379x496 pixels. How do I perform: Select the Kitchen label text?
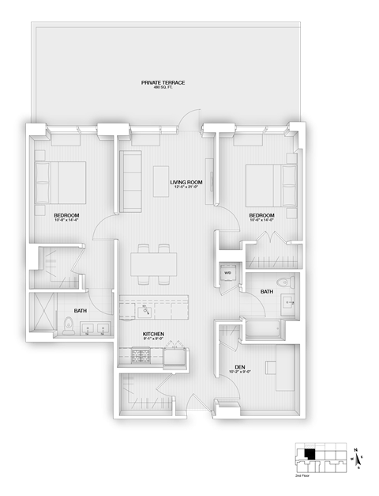pyautogui.click(x=153, y=334)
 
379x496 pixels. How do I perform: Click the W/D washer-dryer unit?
pyautogui.click(x=228, y=273)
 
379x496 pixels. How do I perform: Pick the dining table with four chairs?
pyautogui.click(x=152, y=264)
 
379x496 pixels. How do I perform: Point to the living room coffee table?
pyautogui.click(x=162, y=179)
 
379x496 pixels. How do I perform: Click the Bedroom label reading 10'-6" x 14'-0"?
pyautogui.click(x=261, y=218)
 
